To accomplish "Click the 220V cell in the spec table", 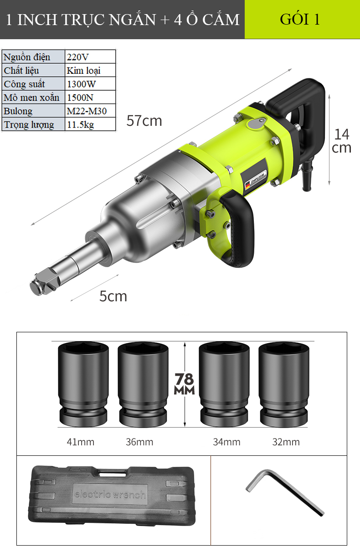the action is [x=90, y=57].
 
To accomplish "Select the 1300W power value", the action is [x=90, y=84].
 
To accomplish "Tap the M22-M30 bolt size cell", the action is [x=90, y=111].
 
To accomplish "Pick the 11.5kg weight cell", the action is [x=90, y=124].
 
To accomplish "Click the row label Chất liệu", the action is [x=21, y=71].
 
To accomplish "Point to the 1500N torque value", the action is [x=90, y=97].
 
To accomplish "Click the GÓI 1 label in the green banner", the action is [x=300, y=19].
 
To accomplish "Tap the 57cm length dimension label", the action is [x=144, y=121].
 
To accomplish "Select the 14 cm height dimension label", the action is [x=341, y=141].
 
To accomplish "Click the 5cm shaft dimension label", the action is [x=113, y=296].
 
